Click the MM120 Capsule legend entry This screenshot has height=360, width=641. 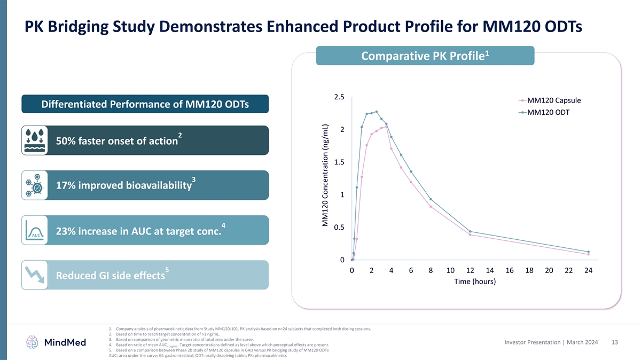[553, 100]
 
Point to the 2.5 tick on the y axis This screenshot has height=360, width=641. [339, 97]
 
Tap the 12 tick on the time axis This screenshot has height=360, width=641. [470, 271]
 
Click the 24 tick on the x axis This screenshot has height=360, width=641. [588, 271]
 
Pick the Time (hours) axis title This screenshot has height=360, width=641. [474, 282]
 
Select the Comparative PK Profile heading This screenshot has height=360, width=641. [425, 56]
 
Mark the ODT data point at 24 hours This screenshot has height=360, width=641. [588, 252]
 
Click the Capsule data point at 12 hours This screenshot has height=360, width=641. [470, 235]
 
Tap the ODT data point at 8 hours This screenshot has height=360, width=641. [431, 199]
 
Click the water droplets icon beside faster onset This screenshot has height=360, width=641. [34, 140]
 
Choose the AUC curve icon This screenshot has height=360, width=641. [34, 230]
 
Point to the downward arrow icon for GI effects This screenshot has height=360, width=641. [34, 275]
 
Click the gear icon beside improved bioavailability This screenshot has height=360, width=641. [34, 185]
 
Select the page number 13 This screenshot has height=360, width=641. [614, 342]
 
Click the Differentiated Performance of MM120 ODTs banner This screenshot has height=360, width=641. [145, 104]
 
